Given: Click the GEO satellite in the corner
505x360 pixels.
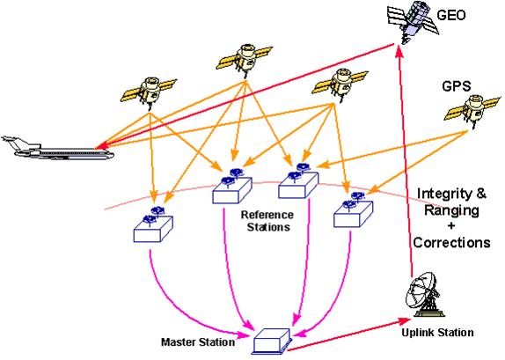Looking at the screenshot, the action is [414, 22].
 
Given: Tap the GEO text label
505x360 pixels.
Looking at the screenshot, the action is [451, 15].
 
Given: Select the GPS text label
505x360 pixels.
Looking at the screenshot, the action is [457, 86].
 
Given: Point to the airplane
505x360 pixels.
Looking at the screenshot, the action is [58, 150].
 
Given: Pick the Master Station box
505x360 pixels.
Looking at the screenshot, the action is [273, 341].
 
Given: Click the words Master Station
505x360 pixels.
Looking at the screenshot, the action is [198, 342].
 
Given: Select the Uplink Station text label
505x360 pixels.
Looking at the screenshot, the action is [437, 333].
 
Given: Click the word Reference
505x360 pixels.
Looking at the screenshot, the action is [267, 215].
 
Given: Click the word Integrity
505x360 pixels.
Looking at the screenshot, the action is [443, 194].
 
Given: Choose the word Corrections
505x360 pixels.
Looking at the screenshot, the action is [451, 242].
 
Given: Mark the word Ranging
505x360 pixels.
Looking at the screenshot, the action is [450, 210].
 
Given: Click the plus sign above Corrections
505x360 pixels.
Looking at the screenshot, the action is [451, 225].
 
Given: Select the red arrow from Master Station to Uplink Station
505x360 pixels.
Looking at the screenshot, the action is [350, 334].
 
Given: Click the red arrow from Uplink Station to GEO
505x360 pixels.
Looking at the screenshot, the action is [406, 160].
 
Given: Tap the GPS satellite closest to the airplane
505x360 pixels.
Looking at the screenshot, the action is [149, 92].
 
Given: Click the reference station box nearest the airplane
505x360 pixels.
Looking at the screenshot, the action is [153, 224].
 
